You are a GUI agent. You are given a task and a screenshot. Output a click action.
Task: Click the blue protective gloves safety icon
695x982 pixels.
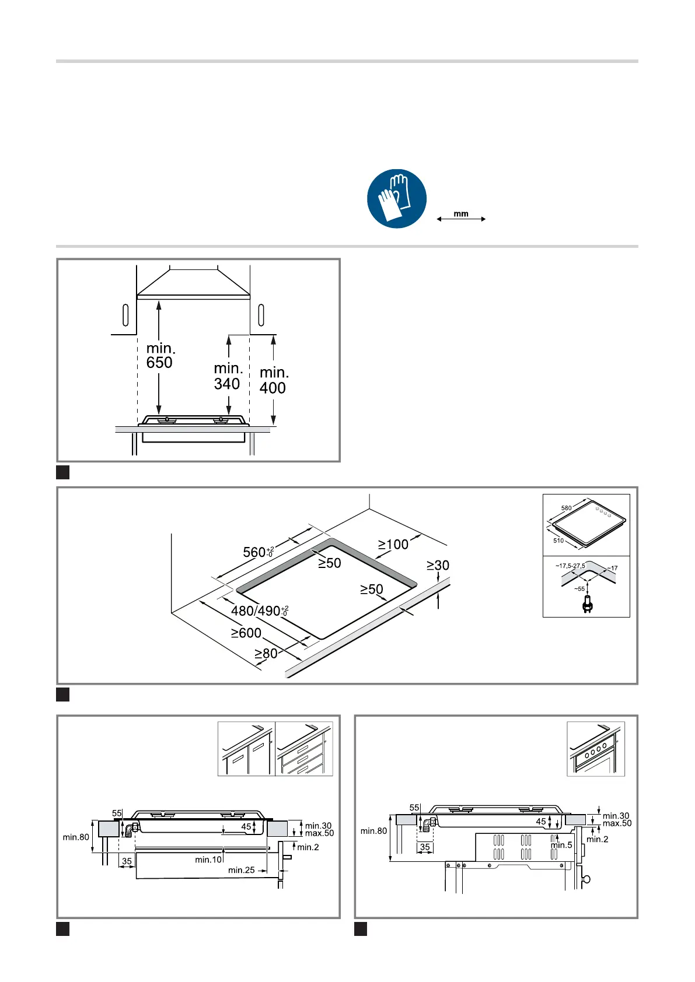[x=396, y=199]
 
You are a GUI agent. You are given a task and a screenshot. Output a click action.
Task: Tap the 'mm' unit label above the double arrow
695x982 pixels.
[x=460, y=213]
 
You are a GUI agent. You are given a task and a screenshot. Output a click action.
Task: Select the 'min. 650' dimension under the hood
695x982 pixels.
[x=160, y=355]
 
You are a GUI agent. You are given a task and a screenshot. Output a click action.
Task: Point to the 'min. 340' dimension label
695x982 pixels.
[x=228, y=376]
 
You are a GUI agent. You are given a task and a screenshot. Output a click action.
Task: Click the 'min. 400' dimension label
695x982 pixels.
[x=274, y=380]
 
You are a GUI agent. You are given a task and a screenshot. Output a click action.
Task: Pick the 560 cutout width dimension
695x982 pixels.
[x=259, y=552]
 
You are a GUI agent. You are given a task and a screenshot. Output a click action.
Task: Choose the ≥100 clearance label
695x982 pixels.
[x=393, y=544]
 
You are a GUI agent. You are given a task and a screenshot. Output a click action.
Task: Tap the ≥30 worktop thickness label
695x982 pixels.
[x=438, y=565]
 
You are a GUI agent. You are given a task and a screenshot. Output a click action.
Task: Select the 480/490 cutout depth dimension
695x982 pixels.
[x=260, y=610]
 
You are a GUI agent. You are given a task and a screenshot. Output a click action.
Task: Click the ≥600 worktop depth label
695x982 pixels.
[x=246, y=633]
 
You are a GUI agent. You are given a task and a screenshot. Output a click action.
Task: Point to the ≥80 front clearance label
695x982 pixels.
[x=266, y=654]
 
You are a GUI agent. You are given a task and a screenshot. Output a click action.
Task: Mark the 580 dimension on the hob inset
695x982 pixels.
[x=567, y=508]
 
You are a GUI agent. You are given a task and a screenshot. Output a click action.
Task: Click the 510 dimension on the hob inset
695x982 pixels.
[x=558, y=541]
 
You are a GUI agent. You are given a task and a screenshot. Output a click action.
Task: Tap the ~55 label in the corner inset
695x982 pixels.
[x=579, y=589]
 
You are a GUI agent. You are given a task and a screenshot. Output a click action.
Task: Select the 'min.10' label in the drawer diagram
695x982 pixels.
[x=208, y=860]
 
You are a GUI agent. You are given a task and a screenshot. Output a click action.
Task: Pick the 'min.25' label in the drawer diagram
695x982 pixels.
[x=242, y=870]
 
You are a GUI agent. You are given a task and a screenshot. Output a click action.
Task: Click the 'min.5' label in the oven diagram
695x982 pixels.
[x=561, y=845]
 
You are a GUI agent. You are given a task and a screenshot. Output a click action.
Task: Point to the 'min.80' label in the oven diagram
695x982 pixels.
[x=373, y=831]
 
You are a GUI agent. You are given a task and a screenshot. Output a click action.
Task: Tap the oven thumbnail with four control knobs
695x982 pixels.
[x=595, y=749]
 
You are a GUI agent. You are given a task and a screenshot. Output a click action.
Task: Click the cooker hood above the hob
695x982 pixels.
[x=194, y=283]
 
